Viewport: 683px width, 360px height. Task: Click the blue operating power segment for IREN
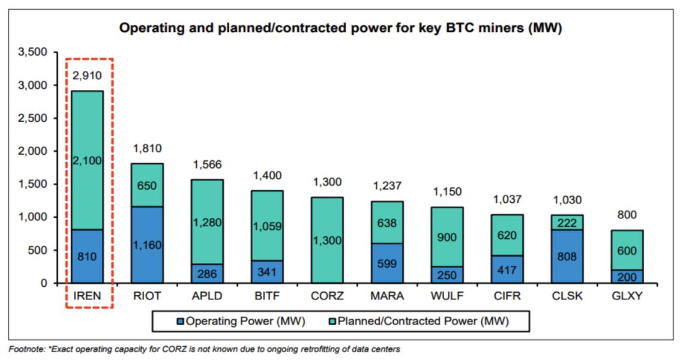[x=87, y=256]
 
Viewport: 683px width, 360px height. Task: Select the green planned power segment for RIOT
[x=147, y=185]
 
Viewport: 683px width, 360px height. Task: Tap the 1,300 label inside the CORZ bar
[x=327, y=240]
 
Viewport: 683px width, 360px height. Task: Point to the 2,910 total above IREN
[x=87, y=76]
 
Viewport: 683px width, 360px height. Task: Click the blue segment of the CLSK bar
[x=567, y=256]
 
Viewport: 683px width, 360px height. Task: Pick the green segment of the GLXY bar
[x=627, y=250]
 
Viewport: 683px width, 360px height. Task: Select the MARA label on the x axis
[x=387, y=296]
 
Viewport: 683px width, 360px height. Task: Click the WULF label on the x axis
[x=447, y=296]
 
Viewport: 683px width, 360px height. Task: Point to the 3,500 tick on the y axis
[x=33, y=53]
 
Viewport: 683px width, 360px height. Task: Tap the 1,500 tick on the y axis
[x=33, y=184]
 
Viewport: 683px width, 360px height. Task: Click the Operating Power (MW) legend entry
[x=239, y=321]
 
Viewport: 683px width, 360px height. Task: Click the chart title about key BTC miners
[x=340, y=28]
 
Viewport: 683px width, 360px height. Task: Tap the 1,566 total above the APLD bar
[x=207, y=164]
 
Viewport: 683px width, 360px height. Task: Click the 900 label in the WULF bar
[x=447, y=238]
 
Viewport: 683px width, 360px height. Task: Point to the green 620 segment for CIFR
[x=507, y=235]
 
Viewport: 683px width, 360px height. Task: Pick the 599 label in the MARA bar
[x=387, y=263]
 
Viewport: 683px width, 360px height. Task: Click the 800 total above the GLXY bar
[x=627, y=215]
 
